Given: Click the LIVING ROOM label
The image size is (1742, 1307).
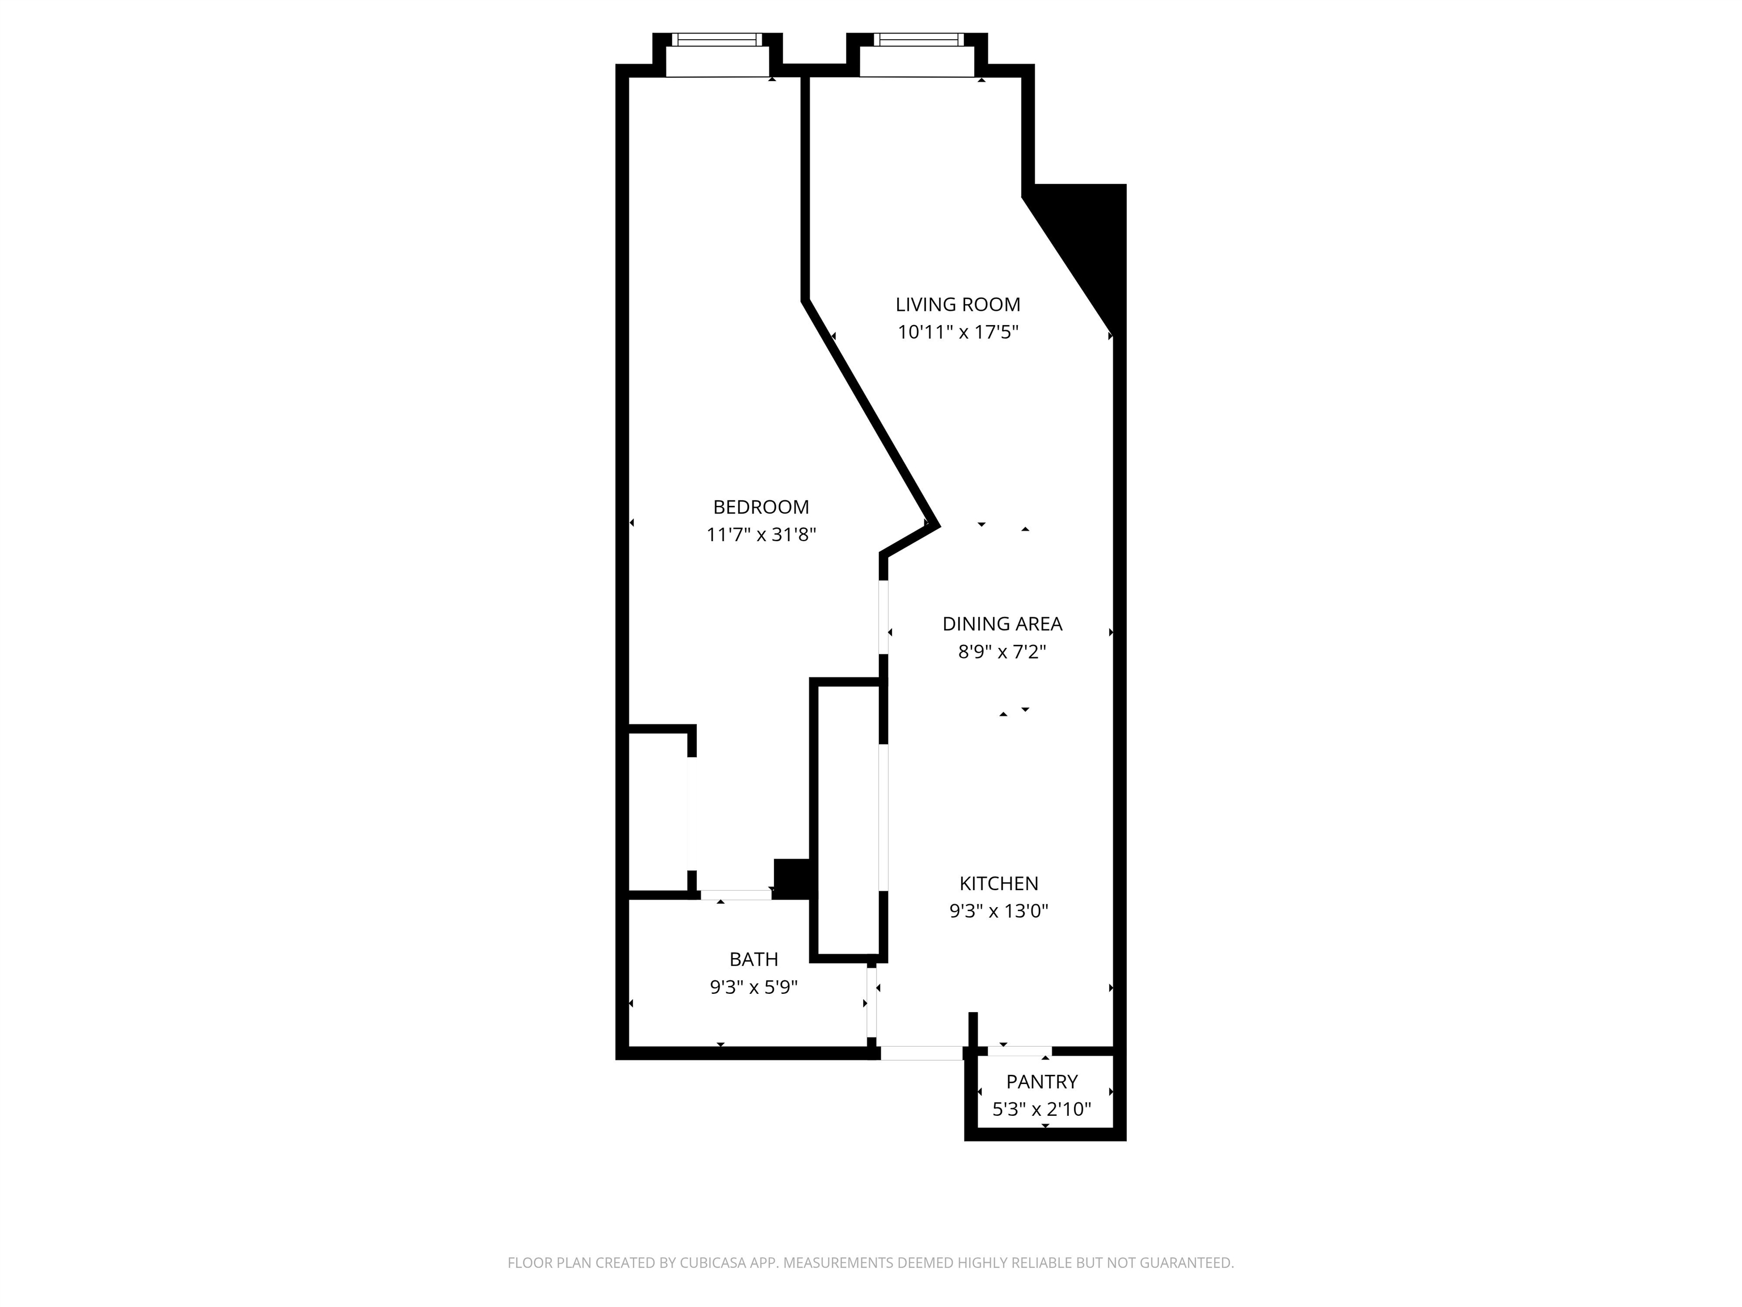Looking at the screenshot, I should (x=958, y=305).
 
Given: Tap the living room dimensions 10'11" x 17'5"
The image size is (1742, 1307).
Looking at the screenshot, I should (x=958, y=332).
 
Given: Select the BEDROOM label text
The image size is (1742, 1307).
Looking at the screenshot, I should (x=761, y=507).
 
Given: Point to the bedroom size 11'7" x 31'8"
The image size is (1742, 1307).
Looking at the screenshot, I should (x=761, y=535).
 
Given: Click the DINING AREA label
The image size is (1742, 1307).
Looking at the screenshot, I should (x=1002, y=624).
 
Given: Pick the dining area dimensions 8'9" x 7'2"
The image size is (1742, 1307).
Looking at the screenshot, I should (x=1002, y=652).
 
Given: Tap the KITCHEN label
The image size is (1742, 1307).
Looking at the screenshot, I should (x=999, y=883).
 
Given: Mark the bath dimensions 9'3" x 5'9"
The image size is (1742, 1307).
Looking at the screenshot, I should (x=754, y=987).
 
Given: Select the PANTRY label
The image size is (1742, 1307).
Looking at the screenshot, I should (x=1042, y=1082).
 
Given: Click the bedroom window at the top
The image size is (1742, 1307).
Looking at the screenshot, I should (x=717, y=39).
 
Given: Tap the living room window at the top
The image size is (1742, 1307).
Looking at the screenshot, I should (x=918, y=39).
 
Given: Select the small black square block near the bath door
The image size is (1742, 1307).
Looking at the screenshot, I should (x=792, y=878).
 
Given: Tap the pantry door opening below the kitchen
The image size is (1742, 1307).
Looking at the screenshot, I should (x=1019, y=1051).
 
